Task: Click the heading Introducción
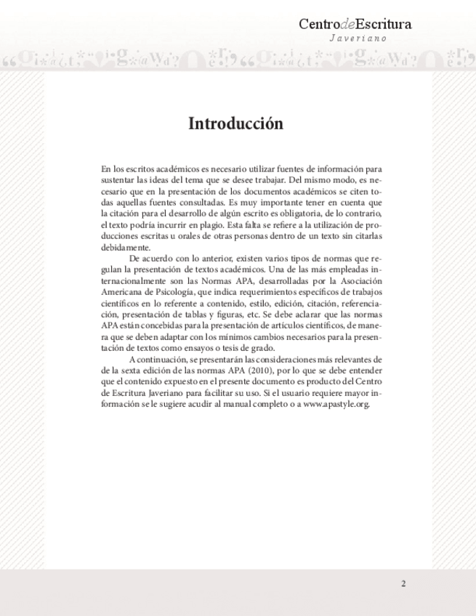pos(235,123)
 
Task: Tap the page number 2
pos(403,583)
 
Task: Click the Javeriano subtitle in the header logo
pos(358,38)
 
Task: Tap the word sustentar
pos(118,178)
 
